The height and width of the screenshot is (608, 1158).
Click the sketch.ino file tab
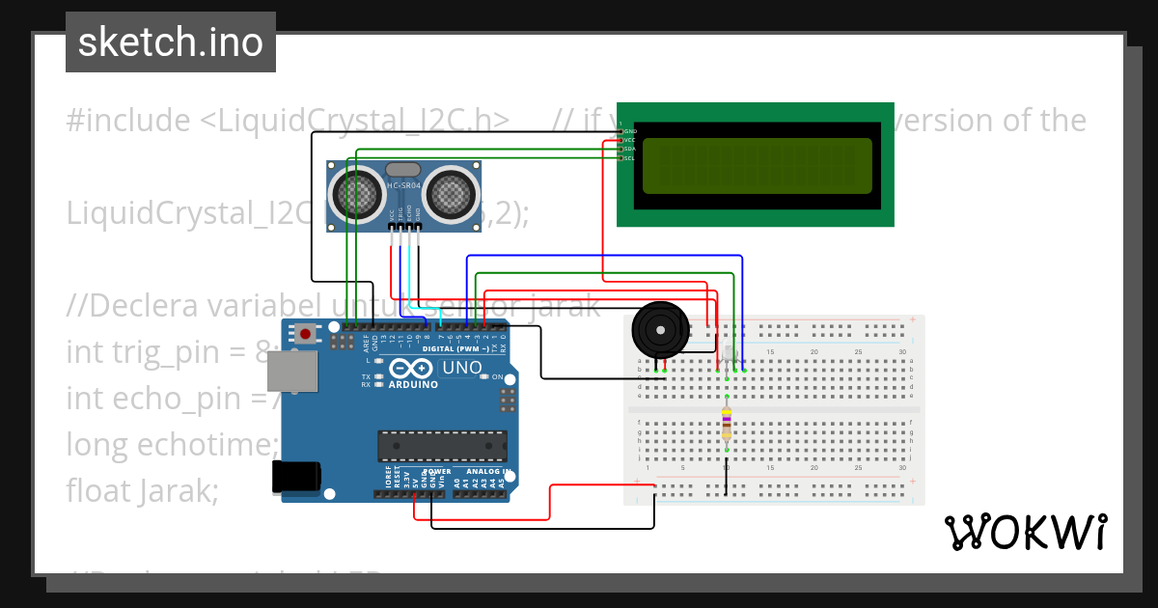point(171,42)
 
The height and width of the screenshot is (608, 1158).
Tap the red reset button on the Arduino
point(306,334)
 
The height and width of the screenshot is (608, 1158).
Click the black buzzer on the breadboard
point(660,331)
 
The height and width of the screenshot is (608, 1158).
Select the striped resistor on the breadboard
point(726,423)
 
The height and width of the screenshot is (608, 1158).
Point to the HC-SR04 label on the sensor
point(403,185)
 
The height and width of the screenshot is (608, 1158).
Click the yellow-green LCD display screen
point(757,165)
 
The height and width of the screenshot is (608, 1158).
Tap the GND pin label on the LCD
point(629,130)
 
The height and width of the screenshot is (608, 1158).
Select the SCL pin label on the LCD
point(629,158)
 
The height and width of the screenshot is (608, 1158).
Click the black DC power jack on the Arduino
point(295,476)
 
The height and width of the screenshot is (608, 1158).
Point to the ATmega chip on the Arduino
point(442,446)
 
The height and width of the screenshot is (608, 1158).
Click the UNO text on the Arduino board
point(461,368)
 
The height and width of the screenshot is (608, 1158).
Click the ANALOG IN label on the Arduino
point(487,472)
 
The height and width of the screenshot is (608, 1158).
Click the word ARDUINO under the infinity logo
point(413,384)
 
